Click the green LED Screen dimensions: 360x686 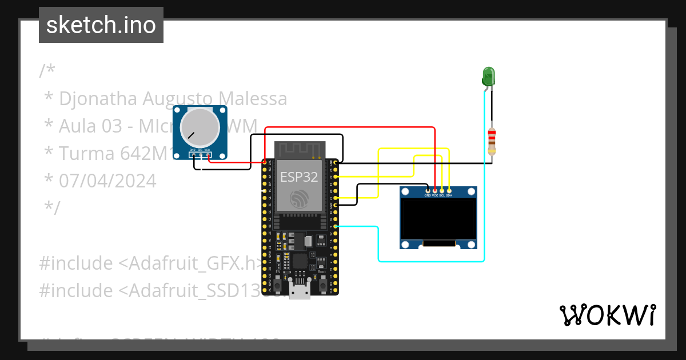tap(488, 76)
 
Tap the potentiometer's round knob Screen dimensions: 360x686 tap(200, 126)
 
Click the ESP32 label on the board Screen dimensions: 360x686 tap(298, 176)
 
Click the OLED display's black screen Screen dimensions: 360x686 tap(438, 219)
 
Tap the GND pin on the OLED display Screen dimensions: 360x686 tap(428, 190)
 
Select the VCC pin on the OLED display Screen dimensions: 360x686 tap(435, 190)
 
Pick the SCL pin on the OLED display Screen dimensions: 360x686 tap(442, 190)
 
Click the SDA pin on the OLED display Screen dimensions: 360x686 tap(449, 190)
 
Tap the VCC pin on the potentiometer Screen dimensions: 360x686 tap(208, 155)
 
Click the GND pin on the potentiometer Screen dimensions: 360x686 tap(194, 155)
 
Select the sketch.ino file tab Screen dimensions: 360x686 tap(101, 25)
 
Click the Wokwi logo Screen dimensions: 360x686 tap(607, 315)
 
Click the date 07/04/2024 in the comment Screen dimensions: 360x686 tap(107, 181)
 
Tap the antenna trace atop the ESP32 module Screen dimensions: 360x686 tap(300, 150)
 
